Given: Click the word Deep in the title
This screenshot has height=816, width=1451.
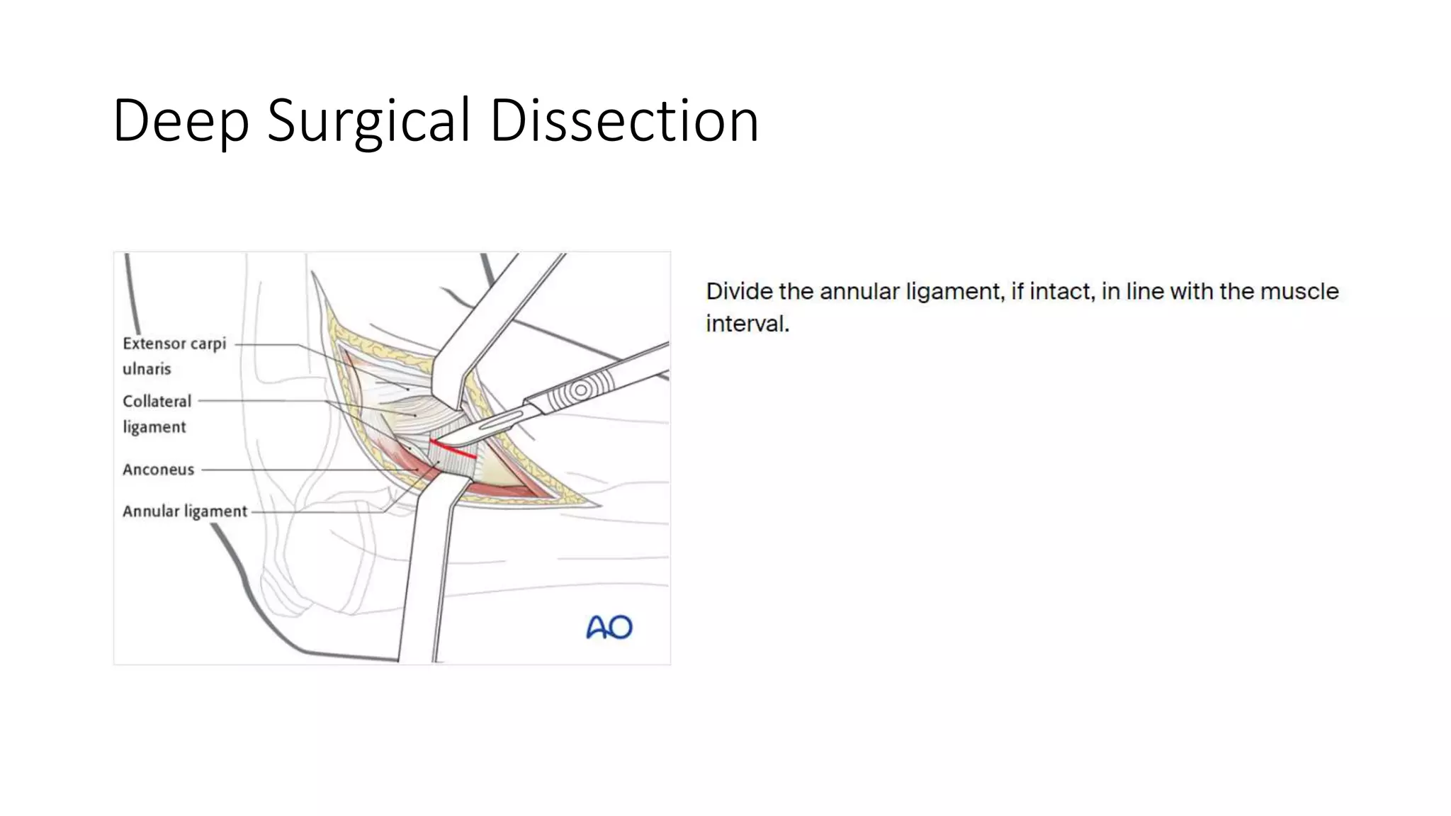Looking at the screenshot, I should pos(181,120).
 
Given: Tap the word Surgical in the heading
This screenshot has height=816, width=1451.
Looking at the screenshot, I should pos(368,120).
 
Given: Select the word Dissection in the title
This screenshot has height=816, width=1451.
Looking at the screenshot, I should pos(624,120).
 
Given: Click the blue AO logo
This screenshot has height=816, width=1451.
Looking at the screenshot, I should pos(609,627).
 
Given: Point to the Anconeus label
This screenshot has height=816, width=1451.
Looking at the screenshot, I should pos(158,470).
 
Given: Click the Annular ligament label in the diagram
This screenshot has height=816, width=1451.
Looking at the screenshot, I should pos(185,511).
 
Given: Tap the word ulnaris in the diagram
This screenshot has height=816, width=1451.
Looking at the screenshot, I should pos(147,369).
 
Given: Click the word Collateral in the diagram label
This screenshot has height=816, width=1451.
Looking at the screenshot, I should pos(157,402).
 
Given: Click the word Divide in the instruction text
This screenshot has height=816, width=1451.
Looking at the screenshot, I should pos(737,291).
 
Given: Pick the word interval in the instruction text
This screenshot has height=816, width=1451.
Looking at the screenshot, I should pos(747,324).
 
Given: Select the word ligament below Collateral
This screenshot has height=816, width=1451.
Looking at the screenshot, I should pos(154,427).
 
